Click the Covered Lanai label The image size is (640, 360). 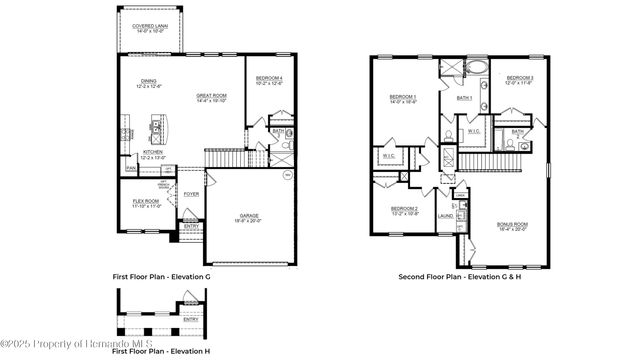click(x=149, y=28)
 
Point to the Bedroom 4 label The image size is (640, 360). click(x=269, y=80)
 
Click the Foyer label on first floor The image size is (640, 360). click(x=191, y=194)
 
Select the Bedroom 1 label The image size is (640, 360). click(x=403, y=99)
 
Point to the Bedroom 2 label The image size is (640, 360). click(x=404, y=210)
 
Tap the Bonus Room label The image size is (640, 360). click(x=512, y=226)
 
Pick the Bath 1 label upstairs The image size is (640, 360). click(x=464, y=98)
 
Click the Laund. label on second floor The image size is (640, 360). click(x=445, y=215)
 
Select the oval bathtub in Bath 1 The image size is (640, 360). click(x=476, y=69)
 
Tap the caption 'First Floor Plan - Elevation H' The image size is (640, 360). click(x=160, y=352)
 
